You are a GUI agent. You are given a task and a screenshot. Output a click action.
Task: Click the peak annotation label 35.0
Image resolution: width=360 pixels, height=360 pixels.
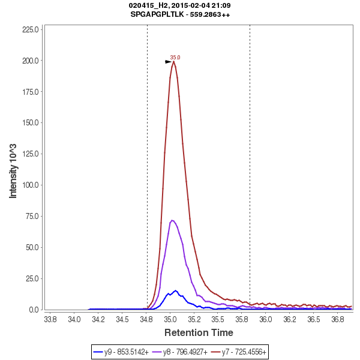[175, 58]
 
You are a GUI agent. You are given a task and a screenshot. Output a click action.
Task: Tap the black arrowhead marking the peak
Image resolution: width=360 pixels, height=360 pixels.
[169, 61]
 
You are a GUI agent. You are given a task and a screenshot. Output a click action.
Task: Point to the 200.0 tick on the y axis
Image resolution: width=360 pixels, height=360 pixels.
[31, 61]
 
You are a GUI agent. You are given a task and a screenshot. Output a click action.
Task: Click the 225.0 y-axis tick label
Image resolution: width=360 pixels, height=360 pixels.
[31, 29]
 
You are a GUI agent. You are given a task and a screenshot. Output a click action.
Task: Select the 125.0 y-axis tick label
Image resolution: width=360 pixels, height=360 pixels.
[31, 154]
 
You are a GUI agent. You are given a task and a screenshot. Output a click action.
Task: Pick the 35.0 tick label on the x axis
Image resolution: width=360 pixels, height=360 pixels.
[170, 319]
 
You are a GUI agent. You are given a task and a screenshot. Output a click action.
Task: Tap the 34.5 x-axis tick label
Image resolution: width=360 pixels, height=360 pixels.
[122, 319]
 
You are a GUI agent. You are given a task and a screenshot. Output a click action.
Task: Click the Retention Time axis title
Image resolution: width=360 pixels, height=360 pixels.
[199, 332]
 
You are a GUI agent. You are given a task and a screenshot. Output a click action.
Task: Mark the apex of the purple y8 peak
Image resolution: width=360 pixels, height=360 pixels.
[172, 220]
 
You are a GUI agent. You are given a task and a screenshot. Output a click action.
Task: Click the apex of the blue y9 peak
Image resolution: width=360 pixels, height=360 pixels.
[176, 290]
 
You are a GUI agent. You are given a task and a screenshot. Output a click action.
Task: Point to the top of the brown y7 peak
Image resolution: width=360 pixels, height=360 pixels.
[173, 61]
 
